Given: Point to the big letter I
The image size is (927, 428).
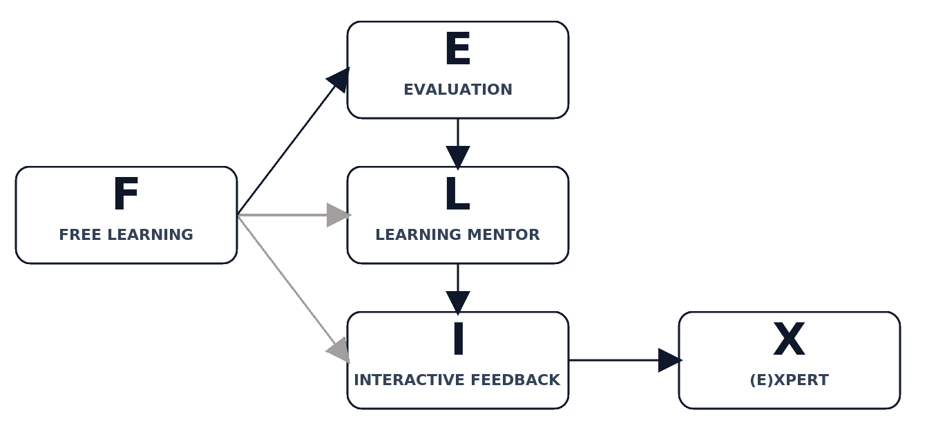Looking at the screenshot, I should (457, 339).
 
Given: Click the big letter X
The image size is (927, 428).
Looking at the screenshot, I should (789, 339).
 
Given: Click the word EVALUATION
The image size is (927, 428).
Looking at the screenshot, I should (457, 90).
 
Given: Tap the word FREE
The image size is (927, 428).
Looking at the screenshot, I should (79, 235).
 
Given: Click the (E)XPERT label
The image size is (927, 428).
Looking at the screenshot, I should (789, 380).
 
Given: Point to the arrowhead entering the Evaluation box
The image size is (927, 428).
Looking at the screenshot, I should (339, 79).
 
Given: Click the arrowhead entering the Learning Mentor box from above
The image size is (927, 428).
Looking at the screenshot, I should (457, 156).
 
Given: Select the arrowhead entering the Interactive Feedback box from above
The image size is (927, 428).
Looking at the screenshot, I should (457, 301).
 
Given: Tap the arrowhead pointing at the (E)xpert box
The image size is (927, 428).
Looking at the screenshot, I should (669, 360).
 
